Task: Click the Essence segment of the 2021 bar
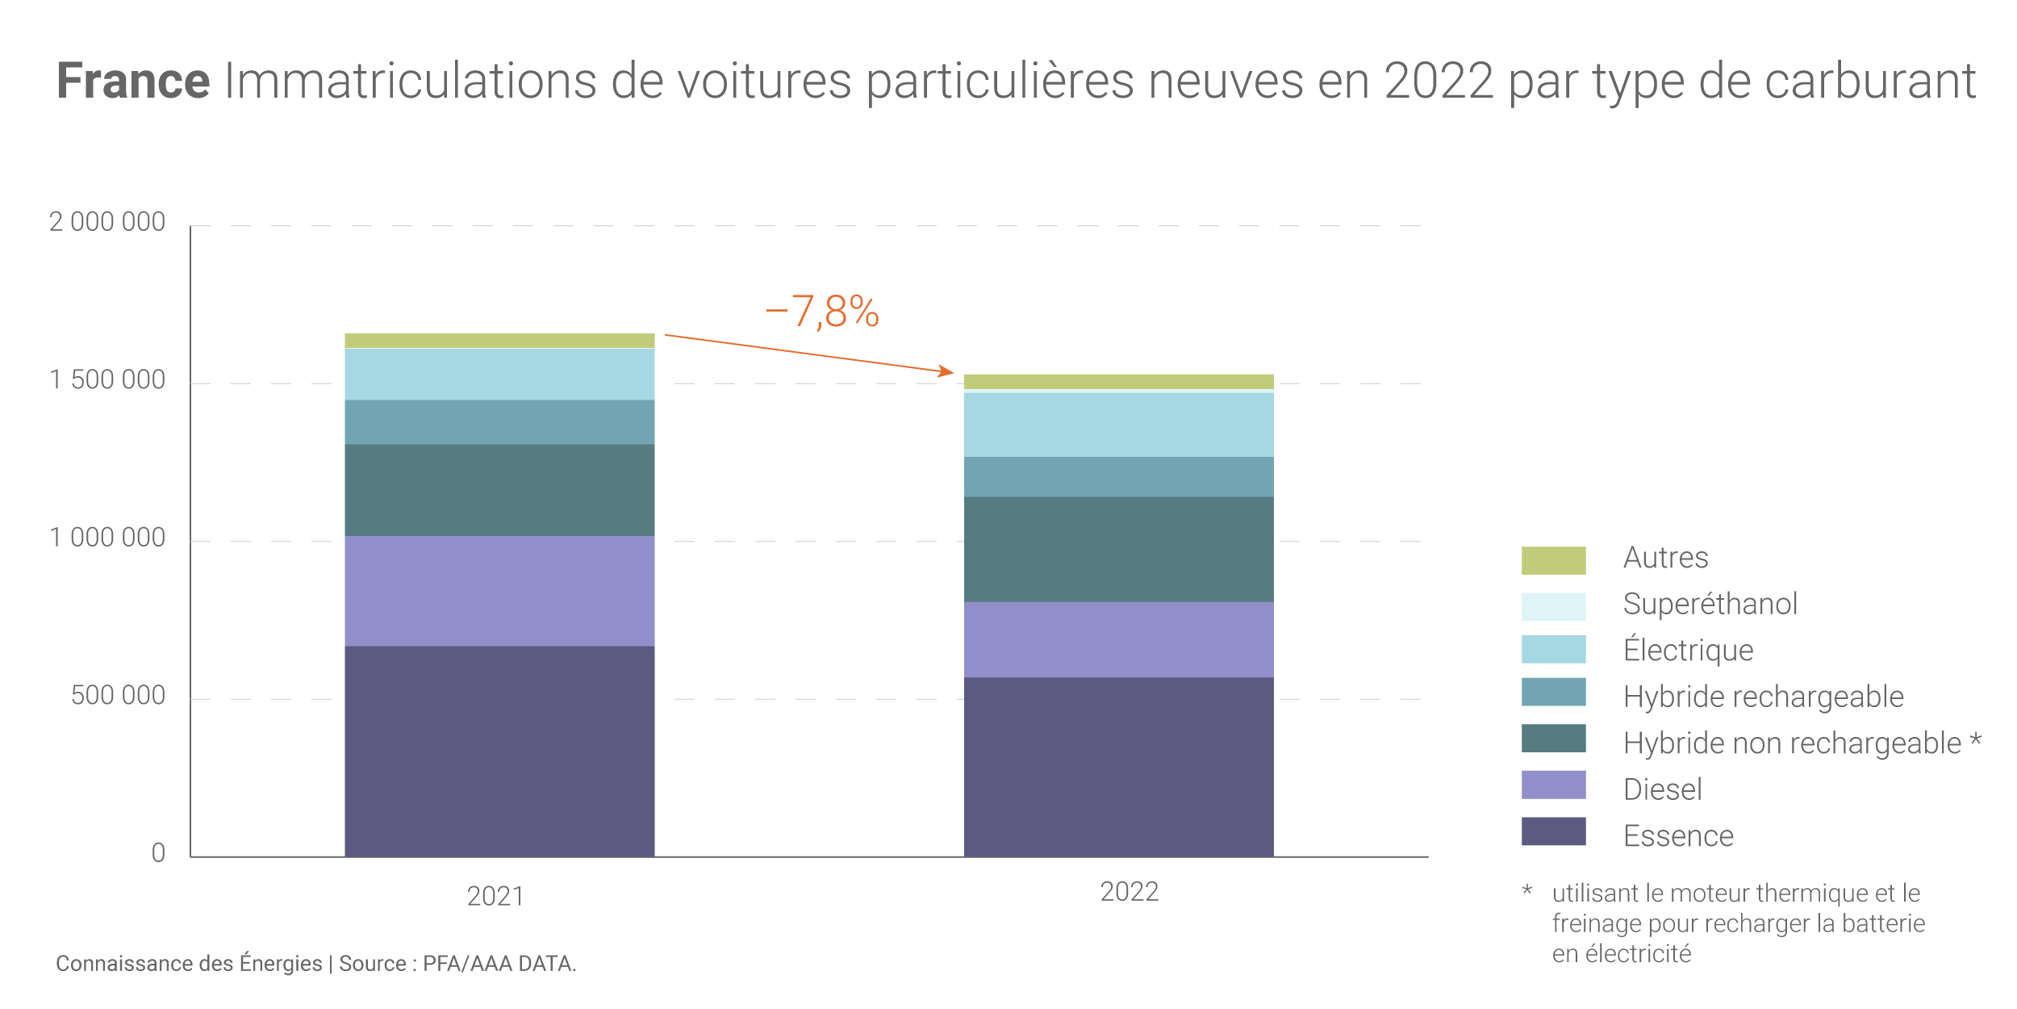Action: [499, 751]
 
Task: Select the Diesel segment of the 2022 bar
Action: [1118, 639]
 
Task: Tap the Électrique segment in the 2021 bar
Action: [499, 374]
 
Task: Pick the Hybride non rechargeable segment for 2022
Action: [1118, 549]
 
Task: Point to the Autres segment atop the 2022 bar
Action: [1118, 381]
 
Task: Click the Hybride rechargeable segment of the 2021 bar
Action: [499, 421]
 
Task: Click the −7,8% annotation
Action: [821, 312]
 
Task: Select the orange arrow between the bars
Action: [807, 354]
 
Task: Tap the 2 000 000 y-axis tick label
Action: [107, 222]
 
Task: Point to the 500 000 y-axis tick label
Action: [118, 696]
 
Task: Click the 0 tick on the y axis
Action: [158, 853]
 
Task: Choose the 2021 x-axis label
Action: [495, 896]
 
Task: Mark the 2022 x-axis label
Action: [1129, 891]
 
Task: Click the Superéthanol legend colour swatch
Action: [1553, 606]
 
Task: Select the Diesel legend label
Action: [1662, 789]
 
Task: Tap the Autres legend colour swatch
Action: [1553, 560]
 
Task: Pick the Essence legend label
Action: [1678, 835]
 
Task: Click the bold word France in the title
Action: [133, 81]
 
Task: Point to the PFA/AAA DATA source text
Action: [499, 964]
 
